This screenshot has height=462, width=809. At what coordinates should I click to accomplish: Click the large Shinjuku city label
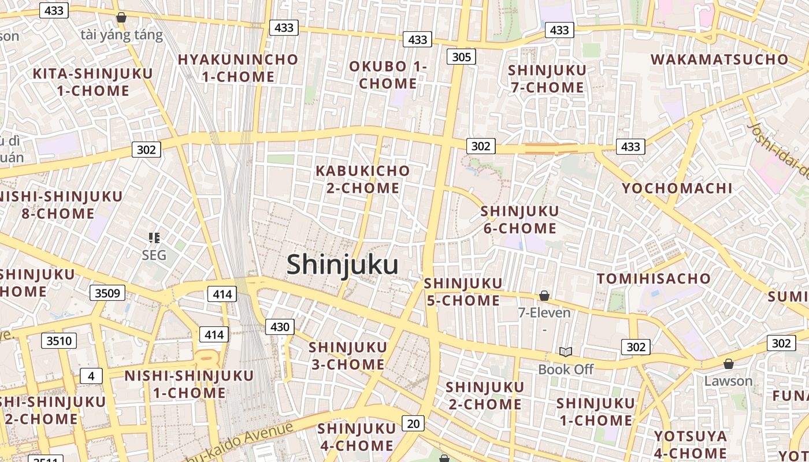(342, 265)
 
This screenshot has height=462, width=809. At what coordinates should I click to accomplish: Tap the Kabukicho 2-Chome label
(363, 179)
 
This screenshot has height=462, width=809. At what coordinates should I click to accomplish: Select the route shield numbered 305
(461, 57)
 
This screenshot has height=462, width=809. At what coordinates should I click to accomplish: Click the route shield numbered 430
(280, 327)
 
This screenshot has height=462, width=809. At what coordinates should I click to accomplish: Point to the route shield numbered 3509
(107, 293)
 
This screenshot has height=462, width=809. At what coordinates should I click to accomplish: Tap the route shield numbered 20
(413, 423)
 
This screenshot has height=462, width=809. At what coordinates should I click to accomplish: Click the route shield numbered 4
(91, 376)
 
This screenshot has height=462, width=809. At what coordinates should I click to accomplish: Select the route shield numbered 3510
(59, 341)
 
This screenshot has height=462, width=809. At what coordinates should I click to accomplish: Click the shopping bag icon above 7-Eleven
(544, 296)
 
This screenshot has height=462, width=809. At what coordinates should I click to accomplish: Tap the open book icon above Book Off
(565, 352)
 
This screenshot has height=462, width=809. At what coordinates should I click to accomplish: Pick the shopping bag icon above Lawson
(728, 364)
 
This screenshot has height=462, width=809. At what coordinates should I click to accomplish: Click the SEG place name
(154, 255)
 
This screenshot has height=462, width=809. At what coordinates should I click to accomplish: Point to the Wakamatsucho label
(719, 59)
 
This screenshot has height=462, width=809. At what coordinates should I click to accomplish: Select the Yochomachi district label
(677, 188)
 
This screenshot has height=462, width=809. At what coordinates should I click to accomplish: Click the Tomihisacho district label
(654, 278)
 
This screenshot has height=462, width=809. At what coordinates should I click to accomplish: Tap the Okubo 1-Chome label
(388, 75)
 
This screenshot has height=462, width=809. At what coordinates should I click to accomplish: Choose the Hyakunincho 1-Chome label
(238, 68)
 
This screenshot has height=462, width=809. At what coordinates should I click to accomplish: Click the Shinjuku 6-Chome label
(519, 219)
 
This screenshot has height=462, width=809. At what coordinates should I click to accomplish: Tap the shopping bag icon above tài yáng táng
(121, 17)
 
